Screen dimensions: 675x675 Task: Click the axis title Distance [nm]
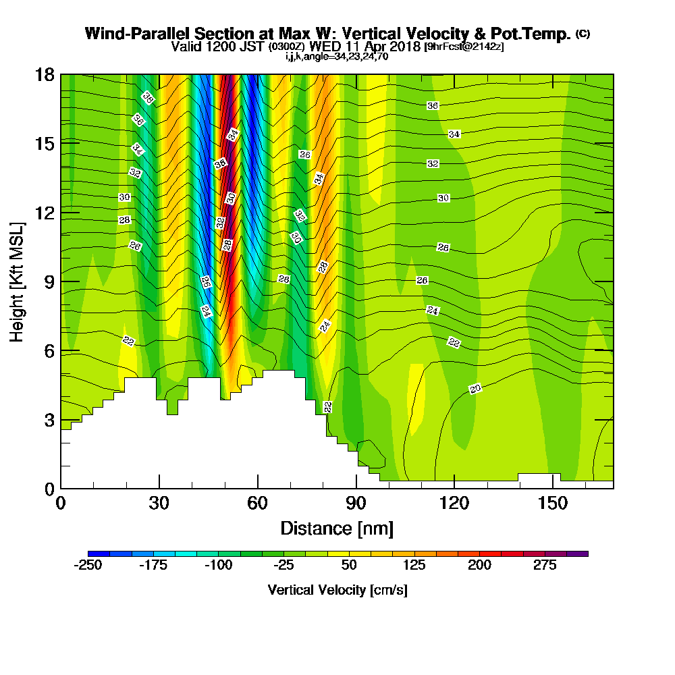pyautogui.click(x=337, y=527)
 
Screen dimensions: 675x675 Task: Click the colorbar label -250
pyautogui.click(x=87, y=565)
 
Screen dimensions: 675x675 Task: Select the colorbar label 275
pyautogui.click(x=545, y=565)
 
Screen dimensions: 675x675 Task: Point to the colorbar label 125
pyautogui.click(x=414, y=565)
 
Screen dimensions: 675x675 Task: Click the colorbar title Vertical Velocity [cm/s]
pyautogui.click(x=337, y=590)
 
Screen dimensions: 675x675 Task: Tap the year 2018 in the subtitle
pyautogui.click(x=402, y=47)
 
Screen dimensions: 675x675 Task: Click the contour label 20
pyautogui.click(x=475, y=389)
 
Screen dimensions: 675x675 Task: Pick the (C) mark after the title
pyautogui.click(x=583, y=34)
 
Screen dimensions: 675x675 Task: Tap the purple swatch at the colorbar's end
pyautogui.click(x=583, y=553)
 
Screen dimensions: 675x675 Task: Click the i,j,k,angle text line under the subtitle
pyautogui.click(x=337, y=57)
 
